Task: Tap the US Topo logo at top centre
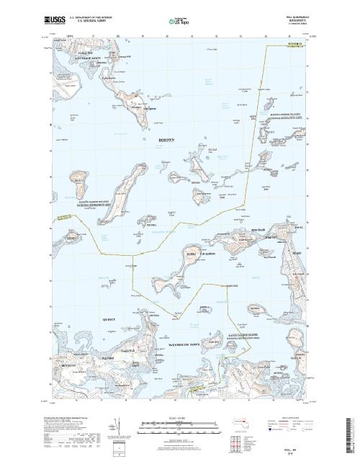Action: coord(179,20)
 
